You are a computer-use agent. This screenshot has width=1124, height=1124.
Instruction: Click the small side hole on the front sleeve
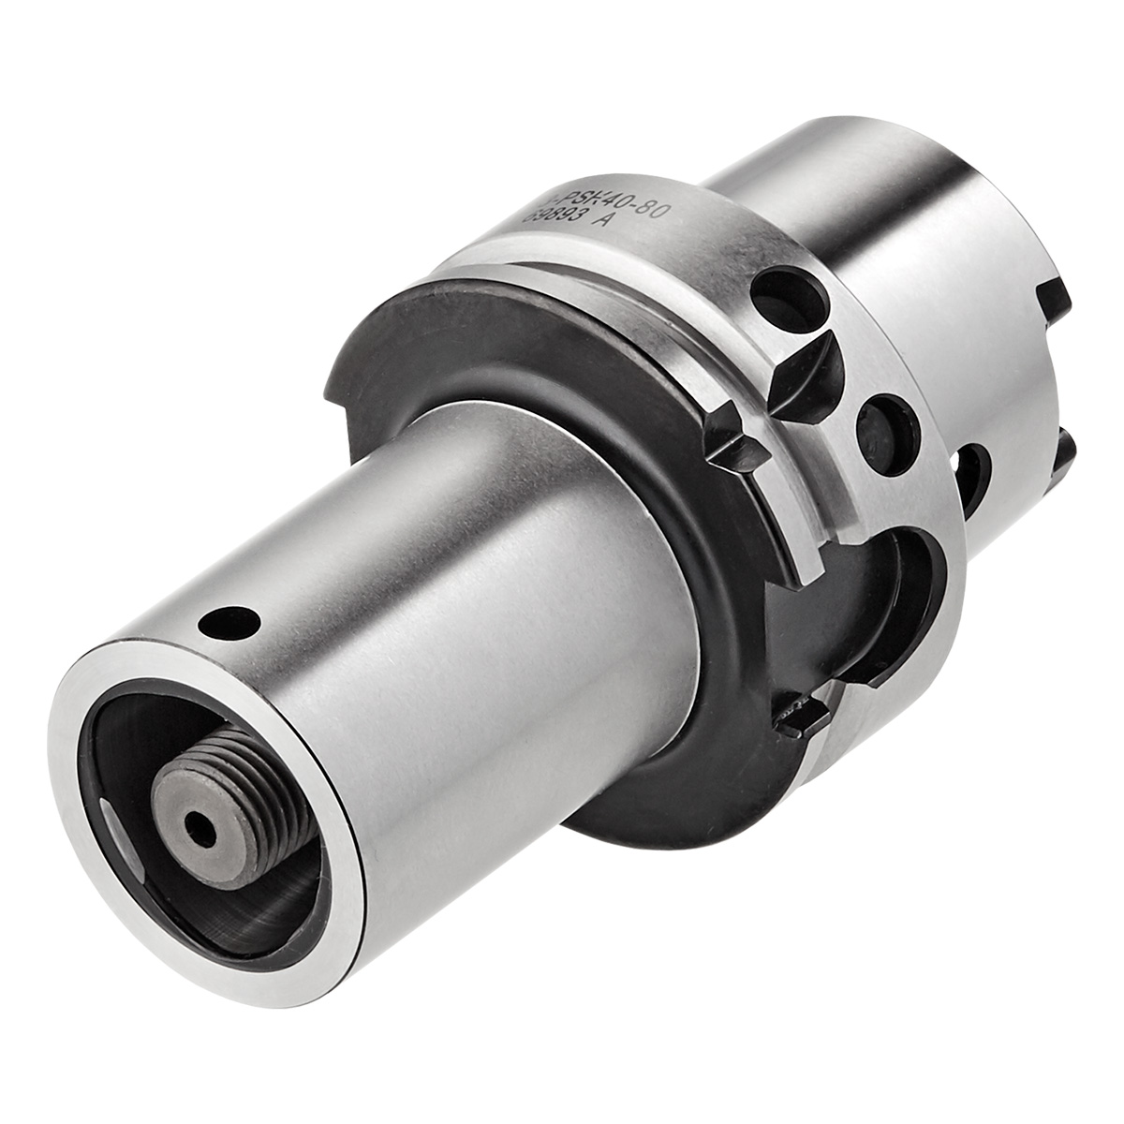click(x=231, y=620)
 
